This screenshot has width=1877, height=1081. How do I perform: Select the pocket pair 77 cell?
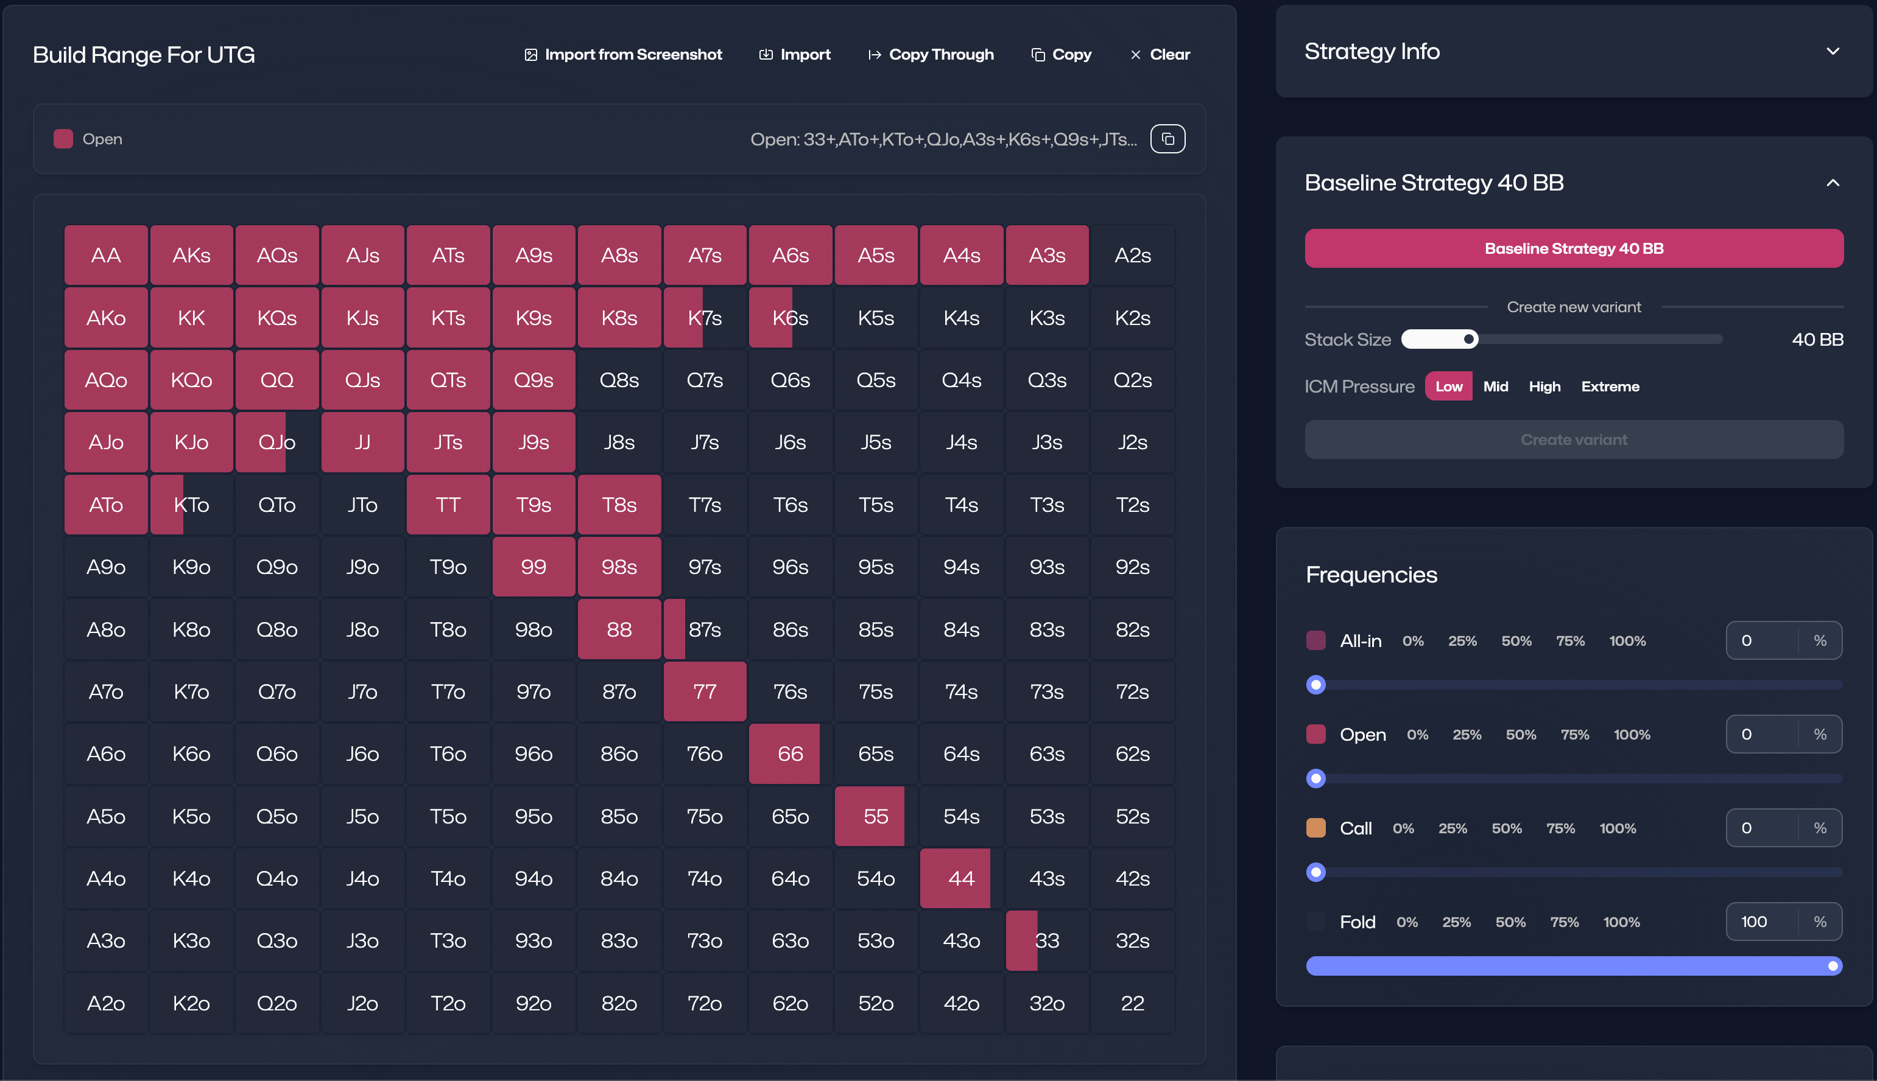(x=704, y=691)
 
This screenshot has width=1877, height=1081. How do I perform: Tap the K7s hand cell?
(x=704, y=318)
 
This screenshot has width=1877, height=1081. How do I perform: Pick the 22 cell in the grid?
(x=1132, y=1003)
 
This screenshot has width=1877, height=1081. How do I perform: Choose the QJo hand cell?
(x=276, y=443)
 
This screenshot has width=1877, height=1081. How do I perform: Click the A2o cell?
(x=105, y=1003)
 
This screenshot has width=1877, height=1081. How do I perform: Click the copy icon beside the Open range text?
(x=1167, y=139)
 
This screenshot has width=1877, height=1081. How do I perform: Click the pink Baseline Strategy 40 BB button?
(x=1573, y=249)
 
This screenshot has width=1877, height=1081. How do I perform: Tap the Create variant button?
(x=1573, y=439)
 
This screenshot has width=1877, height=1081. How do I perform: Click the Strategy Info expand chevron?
(x=1833, y=51)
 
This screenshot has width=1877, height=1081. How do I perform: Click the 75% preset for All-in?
(x=1569, y=641)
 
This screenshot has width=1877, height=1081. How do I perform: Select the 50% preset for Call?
(x=1505, y=828)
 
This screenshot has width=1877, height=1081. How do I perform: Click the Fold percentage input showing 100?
(x=1761, y=922)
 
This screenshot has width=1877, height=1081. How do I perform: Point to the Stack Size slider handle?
(x=1468, y=339)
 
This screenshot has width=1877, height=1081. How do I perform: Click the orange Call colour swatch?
(x=1315, y=828)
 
